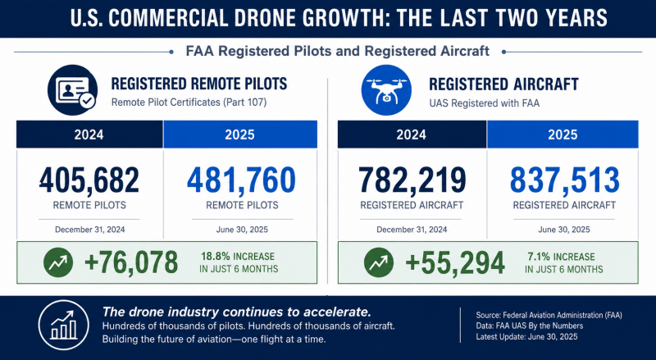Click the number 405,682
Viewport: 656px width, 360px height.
(x=89, y=180)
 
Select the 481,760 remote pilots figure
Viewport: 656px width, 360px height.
(x=241, y=180)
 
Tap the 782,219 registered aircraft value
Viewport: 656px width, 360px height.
(x=412, y=180)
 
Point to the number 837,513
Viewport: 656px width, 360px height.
(x=564, y=180)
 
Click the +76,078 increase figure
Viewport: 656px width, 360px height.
(x=131, y=262)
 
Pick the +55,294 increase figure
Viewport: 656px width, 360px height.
(x=455, y=263)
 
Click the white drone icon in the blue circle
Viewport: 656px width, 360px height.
(x=386, y=90)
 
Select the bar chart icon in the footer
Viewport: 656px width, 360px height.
(x=64, y=325)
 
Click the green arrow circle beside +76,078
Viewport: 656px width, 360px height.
(x=58, y=262)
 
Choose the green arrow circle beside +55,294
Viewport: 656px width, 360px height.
(x=379, y=262)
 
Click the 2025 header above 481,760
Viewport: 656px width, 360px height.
(x=239, y=134)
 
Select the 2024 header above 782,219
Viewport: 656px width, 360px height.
(x=412, y=134)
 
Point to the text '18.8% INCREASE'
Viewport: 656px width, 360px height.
(x=238, y=256)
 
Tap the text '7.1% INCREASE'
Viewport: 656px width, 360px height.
(x=561, y=257)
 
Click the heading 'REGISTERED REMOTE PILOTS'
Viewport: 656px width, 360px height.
(x=199, y=84)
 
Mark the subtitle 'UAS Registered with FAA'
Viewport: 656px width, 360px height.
(x=485, y=103)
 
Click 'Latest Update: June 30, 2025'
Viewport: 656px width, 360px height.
(x=526, y=337)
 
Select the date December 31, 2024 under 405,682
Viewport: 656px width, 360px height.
(x=90, y=230)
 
